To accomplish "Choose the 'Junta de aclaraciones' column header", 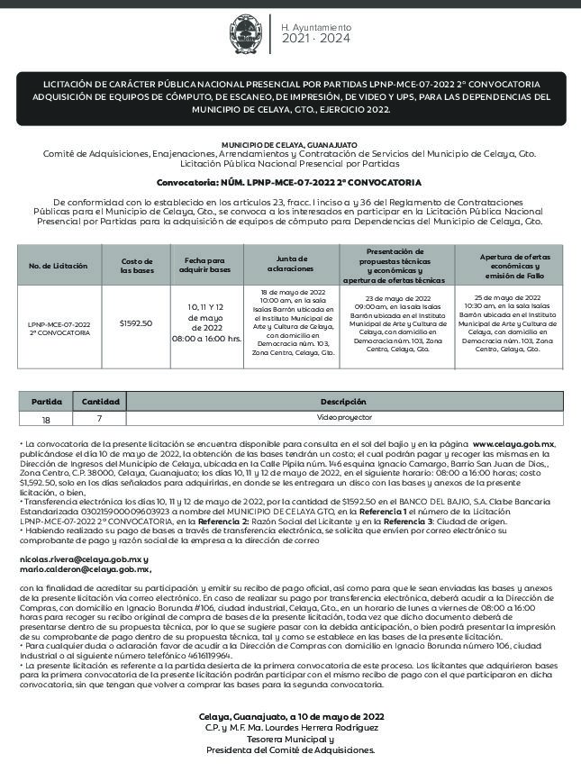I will [x=291, y=265].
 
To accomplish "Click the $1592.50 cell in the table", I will [x=136, y=322].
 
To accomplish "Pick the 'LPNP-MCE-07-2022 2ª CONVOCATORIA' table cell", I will [x=59, y=327].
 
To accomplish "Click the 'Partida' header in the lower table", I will [x=47, y=401].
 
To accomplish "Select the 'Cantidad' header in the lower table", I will [x=101, y=401].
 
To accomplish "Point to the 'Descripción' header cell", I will [x=343, y=401].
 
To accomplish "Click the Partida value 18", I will [x=47, y=419].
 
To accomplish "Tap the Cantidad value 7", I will [x=101, y=419].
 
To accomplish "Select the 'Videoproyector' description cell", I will [x=343, y=418].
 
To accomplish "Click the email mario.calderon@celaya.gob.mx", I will [x=85, y=569].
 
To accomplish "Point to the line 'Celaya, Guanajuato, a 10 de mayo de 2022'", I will [x=291, y=716].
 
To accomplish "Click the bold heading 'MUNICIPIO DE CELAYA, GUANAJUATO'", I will [x=289, y=145].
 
